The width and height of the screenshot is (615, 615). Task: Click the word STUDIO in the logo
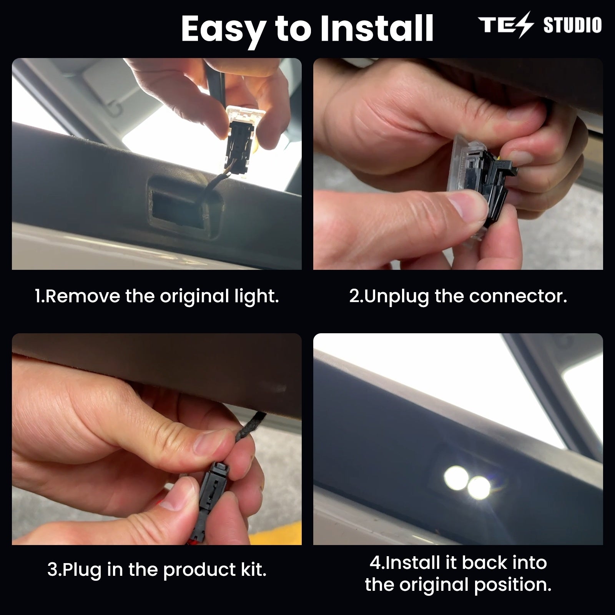572,25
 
